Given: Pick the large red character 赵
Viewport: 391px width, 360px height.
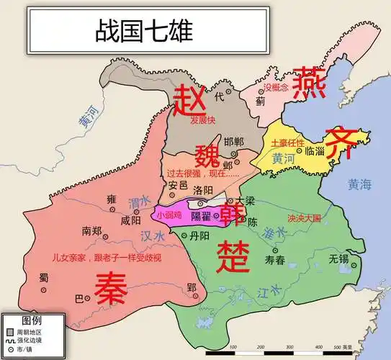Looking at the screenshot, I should pyautogui.click(x=190, y=99).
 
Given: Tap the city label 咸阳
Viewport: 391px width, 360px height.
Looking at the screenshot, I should pyautogui.click(x=131, y=220).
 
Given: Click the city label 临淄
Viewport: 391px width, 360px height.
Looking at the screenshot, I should pyautogui.click(x=315, y=151).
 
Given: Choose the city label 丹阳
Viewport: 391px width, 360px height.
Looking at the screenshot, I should pyautogui.click(x=199, y=235).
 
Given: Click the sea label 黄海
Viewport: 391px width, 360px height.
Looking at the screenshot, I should pyautogui.click(x=359, y=184).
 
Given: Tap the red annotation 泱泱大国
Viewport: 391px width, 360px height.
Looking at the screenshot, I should pyautogui.click(x=303, y=217).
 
